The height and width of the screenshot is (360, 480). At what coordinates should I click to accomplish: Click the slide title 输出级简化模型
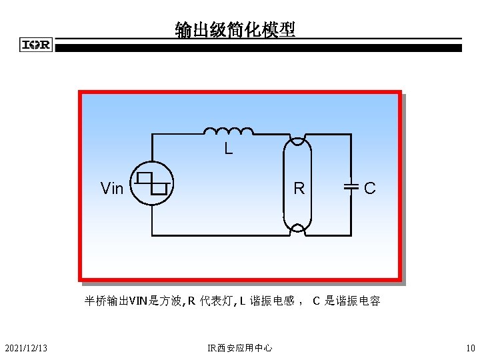click(x=235, y=30)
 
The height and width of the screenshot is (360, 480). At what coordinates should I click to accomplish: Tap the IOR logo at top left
click(x=36, y=45)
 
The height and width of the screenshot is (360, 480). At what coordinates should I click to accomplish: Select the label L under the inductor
click(x=228, y=149)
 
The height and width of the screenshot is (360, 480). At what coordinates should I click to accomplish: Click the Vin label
click(x=111, y=189)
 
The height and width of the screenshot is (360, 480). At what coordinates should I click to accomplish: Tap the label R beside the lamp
click(x=299, y=189)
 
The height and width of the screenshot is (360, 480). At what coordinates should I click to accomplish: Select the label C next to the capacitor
click(x=370, y=189)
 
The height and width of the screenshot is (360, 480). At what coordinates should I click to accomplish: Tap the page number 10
click(x=470, y=347)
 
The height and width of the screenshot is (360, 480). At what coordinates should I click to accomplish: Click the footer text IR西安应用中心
click(x=239, y=347)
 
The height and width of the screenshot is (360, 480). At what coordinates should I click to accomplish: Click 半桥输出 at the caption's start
click(x=106, y=301)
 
